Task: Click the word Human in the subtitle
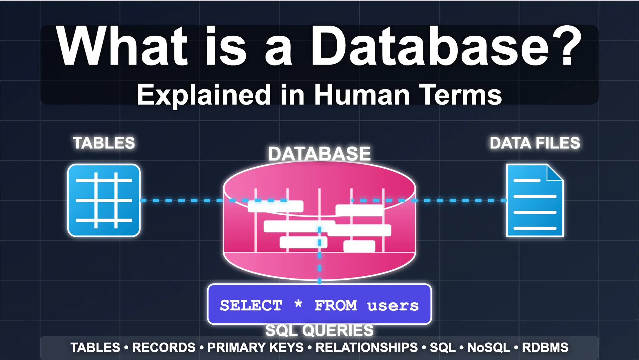click(x=362, y=95)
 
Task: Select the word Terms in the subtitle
click(x=460, y=95)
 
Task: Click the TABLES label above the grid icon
click(x=104, y=143)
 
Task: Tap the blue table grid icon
click(x=104, y=200)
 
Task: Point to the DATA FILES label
click(x=535, y=143)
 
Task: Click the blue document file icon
click(x=535, y=200)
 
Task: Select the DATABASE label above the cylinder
click(x=319, y=154)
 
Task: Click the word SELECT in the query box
click(x=251, y=305)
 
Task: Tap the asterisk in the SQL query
click(x=299, y=303)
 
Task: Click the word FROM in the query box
click(x=335, y=305)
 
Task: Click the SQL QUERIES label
click(x=319, y=331)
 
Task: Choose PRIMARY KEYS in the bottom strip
click(x=256, y=348)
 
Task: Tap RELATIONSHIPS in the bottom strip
click(x=366, y=348)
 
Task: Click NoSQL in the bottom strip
click(x=489, y=348)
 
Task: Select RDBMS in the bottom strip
click(x=545, y=348)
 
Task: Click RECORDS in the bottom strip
click(x=164, y=348)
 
